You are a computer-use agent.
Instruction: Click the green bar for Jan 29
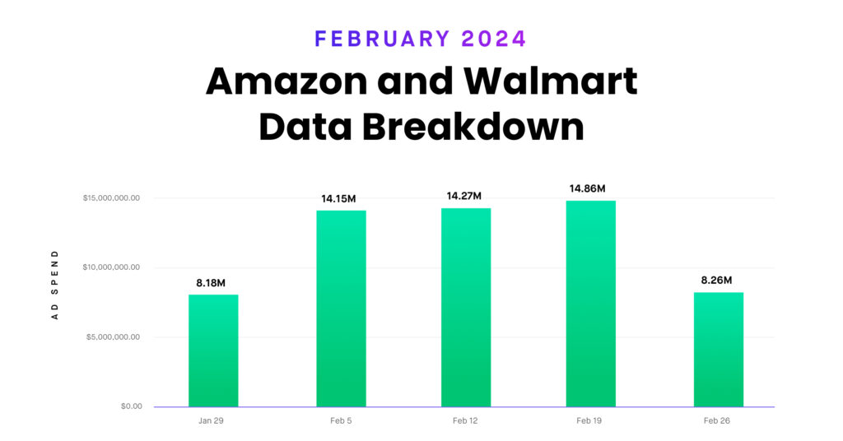tap(213, 350)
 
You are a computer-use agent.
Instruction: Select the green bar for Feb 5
tap(341, 309)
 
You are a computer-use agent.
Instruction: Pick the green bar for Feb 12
tap(466, 308)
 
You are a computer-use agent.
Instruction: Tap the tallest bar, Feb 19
tap(590, 304)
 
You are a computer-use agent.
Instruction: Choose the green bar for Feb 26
tap(718, 350)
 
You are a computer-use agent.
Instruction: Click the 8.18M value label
tap(213, 283)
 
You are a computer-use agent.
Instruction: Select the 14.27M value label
tap(463, 196)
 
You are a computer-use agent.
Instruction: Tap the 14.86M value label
tap(589, 188)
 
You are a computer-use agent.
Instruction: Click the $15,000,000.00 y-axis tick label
tap(111, 198)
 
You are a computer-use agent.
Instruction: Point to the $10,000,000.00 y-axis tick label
tap(111, 267)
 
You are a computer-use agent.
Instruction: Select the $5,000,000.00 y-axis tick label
tap(114, 337)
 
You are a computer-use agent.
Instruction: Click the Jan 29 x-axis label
tap(212, 421)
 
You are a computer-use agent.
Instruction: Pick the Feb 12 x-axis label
tap(465, 421)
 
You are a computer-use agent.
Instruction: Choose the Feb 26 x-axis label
tap(717, 421)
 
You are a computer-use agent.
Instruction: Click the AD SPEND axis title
tap(55, 285)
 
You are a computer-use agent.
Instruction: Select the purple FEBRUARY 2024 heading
tap(421, 39)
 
